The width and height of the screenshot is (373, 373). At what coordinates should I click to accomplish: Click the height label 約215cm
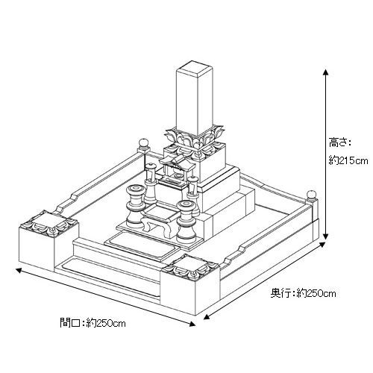[348, 160]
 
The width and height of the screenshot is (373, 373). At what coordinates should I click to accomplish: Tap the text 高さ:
[339, 142]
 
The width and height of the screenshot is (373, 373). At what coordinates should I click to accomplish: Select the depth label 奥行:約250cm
[303, 293]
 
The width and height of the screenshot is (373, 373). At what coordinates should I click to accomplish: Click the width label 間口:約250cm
[93, 323]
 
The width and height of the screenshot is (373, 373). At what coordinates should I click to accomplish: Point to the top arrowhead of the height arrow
[325, 72]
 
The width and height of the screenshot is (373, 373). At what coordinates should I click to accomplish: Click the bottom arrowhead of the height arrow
[325, 236]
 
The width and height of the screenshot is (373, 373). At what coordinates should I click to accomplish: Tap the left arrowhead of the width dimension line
[19, 271]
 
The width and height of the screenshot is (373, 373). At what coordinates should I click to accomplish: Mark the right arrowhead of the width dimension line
[192, 324]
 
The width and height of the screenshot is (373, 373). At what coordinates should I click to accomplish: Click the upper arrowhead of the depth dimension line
[322, 245]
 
